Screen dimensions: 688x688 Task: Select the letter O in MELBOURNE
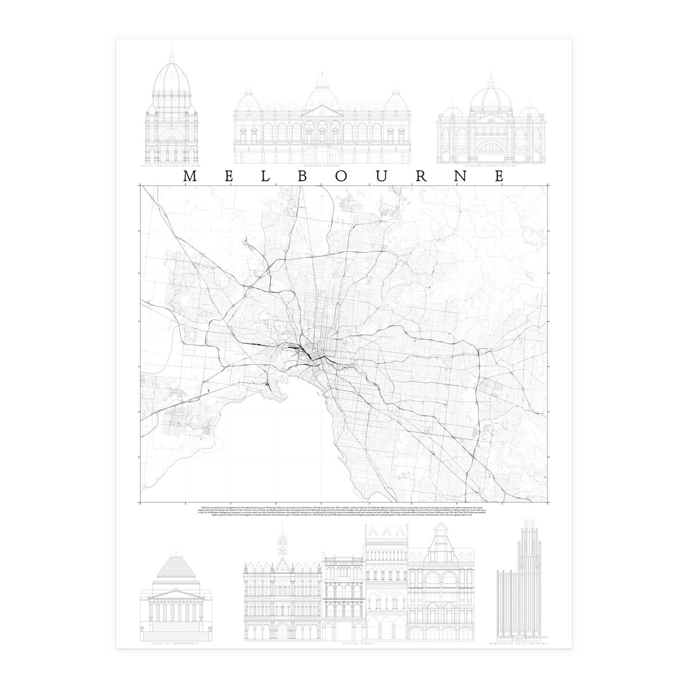342,177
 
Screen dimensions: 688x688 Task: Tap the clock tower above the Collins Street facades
282,545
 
